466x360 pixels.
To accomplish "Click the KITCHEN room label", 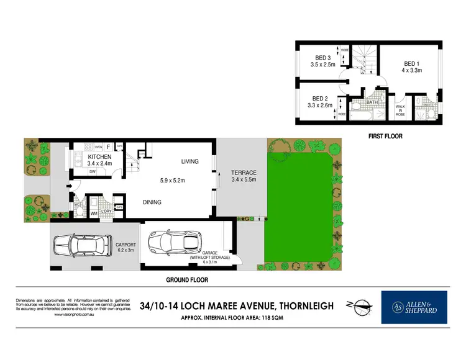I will click(99, 157).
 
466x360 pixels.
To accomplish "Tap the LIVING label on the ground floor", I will click(190, 161).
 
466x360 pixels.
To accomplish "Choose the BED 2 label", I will click(320, 98).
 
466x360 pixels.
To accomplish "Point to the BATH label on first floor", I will click(372, 102).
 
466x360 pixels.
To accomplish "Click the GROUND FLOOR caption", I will click(186, 280).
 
